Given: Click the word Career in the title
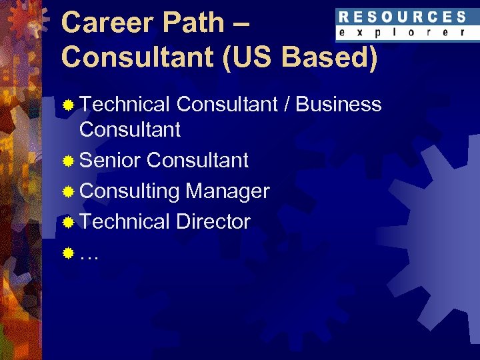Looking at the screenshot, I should tap(106, 23).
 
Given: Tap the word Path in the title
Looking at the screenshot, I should tap(193, 23).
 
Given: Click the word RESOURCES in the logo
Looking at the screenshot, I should tap(401, 17).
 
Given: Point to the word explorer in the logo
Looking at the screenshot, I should tap(401, 32).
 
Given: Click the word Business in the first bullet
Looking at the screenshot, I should tap(338, 105).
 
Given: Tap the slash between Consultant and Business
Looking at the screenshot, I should tap(287, 105).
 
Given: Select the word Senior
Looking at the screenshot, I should tap(110, 161).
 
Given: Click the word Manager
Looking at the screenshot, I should tap(227, 191).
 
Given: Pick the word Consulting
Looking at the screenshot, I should tap(129, 191).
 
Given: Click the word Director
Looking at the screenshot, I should tap(213, 221).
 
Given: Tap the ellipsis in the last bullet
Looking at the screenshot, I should tap(89, 255).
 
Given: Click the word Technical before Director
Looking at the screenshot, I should tap(125, 221).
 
